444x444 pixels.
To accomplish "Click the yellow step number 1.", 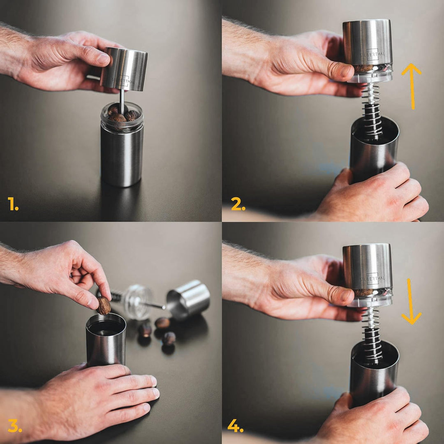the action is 13,204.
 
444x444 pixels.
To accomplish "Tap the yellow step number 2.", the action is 238,204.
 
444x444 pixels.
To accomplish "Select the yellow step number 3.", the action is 15,425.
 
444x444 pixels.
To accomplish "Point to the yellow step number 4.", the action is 235,425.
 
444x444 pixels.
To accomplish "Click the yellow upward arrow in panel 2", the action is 412,86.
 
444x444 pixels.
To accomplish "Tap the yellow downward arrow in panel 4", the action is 411,301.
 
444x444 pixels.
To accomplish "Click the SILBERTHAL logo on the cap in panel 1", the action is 123,81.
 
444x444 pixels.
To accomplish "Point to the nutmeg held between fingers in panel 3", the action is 104,305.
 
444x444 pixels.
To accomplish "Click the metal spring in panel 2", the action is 372,112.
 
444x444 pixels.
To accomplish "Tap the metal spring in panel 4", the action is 372,335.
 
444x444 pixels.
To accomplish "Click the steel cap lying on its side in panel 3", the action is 188,298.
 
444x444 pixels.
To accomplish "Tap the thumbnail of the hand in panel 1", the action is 103,59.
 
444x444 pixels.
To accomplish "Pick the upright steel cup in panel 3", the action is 106,340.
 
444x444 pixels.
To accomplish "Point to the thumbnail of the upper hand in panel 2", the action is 346,72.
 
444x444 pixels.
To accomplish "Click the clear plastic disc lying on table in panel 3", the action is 138,302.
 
